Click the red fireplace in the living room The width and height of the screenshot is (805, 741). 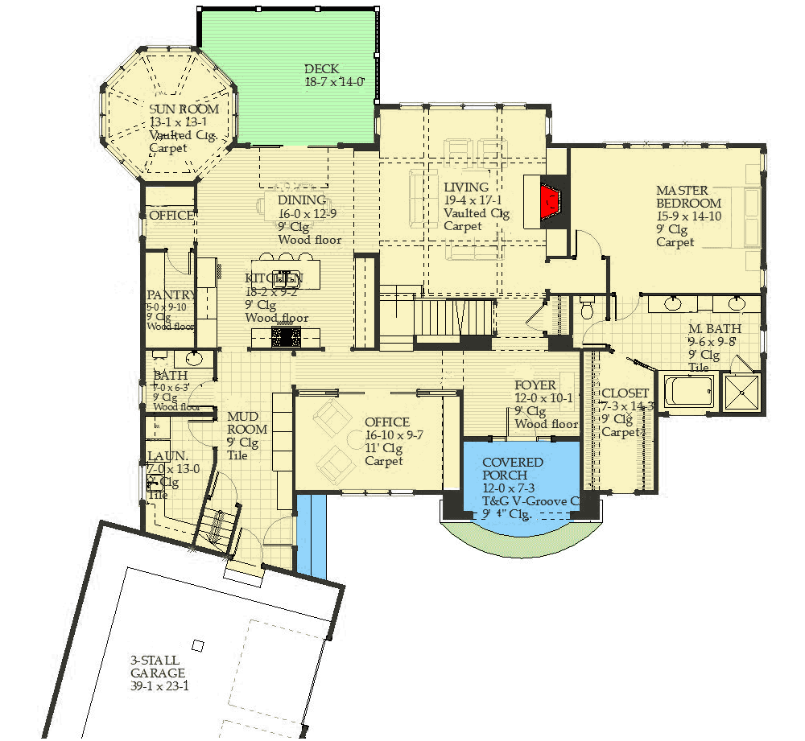tap(550, 201)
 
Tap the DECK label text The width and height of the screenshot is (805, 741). tap(322, 69)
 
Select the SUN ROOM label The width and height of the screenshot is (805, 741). tap(184, 109)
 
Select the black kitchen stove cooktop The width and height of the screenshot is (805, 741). tap(287, 336)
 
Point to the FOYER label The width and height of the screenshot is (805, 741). tap(535, 386)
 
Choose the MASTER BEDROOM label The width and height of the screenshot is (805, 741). tap(688, 197)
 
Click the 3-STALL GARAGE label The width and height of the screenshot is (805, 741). tap(158, 667)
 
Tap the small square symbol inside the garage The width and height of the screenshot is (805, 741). tap(197, 645)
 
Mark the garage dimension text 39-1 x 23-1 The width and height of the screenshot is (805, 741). tap(159, 686)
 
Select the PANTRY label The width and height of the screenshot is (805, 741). tap(171, 295)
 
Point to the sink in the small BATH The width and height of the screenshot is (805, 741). tap(194, 359)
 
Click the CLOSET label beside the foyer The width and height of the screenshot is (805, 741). tap(625, 393)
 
